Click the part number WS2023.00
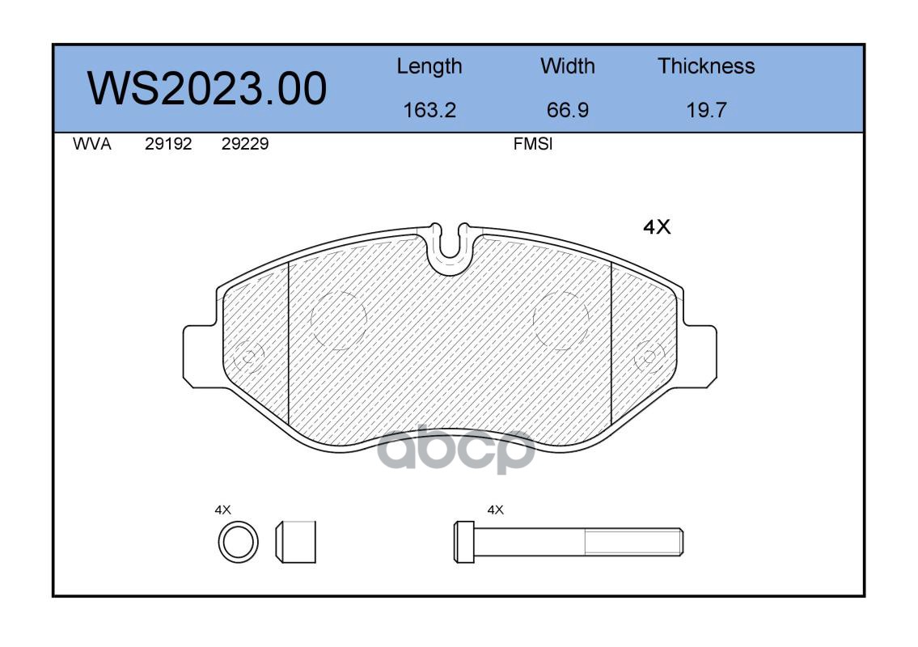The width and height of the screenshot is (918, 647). [x=207, y=88]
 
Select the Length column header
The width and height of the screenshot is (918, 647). [x=429, y=67]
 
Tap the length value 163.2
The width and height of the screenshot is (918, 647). [x=429, y=110]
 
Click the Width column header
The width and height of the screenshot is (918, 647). [x=567, y=66]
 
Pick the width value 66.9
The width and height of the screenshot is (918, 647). [x=567, y=110]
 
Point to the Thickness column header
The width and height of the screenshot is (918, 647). [x=706, y=66]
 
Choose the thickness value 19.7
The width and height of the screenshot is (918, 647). [x=706, y=110]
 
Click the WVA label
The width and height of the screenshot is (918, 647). [x=92, y=144]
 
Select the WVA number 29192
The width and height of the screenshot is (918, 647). [x=168, y=144]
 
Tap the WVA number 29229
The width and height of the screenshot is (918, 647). [x=245, y=144]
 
